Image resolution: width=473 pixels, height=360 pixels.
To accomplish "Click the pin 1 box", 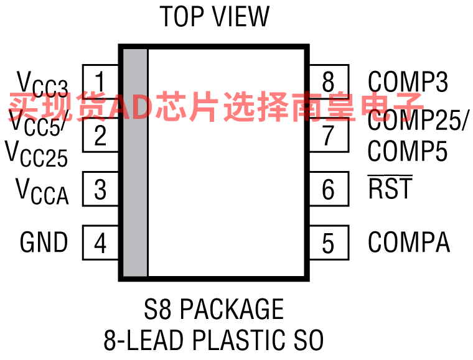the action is click(100, 81).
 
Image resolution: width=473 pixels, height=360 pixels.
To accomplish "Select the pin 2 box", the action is click(100, 135).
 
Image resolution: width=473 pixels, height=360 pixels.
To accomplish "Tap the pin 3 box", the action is click(100, 189).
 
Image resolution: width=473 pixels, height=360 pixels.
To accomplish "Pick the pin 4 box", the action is click(100, 242).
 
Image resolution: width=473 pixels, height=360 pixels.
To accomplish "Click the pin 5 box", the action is click(329, 242).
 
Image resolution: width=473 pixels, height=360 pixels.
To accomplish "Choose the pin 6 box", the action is click(329, 189).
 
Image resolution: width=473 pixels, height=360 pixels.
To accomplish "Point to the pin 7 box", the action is click(329, 135).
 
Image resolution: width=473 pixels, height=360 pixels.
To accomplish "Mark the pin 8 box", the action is click(329, 81).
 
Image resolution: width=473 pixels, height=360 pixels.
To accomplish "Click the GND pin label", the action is click(44, 242).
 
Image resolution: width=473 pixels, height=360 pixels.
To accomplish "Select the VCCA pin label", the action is click(42, 192).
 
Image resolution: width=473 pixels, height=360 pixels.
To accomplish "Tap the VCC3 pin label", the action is click(42, 85).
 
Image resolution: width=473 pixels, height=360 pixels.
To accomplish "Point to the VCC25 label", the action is click(36, 154).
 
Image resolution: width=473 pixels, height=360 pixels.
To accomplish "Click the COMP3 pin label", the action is click(408, 81).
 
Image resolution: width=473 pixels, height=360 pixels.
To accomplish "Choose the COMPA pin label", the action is click(409, 242).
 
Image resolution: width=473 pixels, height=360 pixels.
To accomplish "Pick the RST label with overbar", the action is click(390, 187).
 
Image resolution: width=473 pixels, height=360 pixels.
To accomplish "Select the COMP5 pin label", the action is click(408, 151).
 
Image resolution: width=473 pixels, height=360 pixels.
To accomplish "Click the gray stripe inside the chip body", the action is click(135, 163).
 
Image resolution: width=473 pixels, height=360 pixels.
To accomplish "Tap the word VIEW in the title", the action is click(241, 17).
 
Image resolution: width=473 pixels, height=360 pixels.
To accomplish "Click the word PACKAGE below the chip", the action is click(232, 309).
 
